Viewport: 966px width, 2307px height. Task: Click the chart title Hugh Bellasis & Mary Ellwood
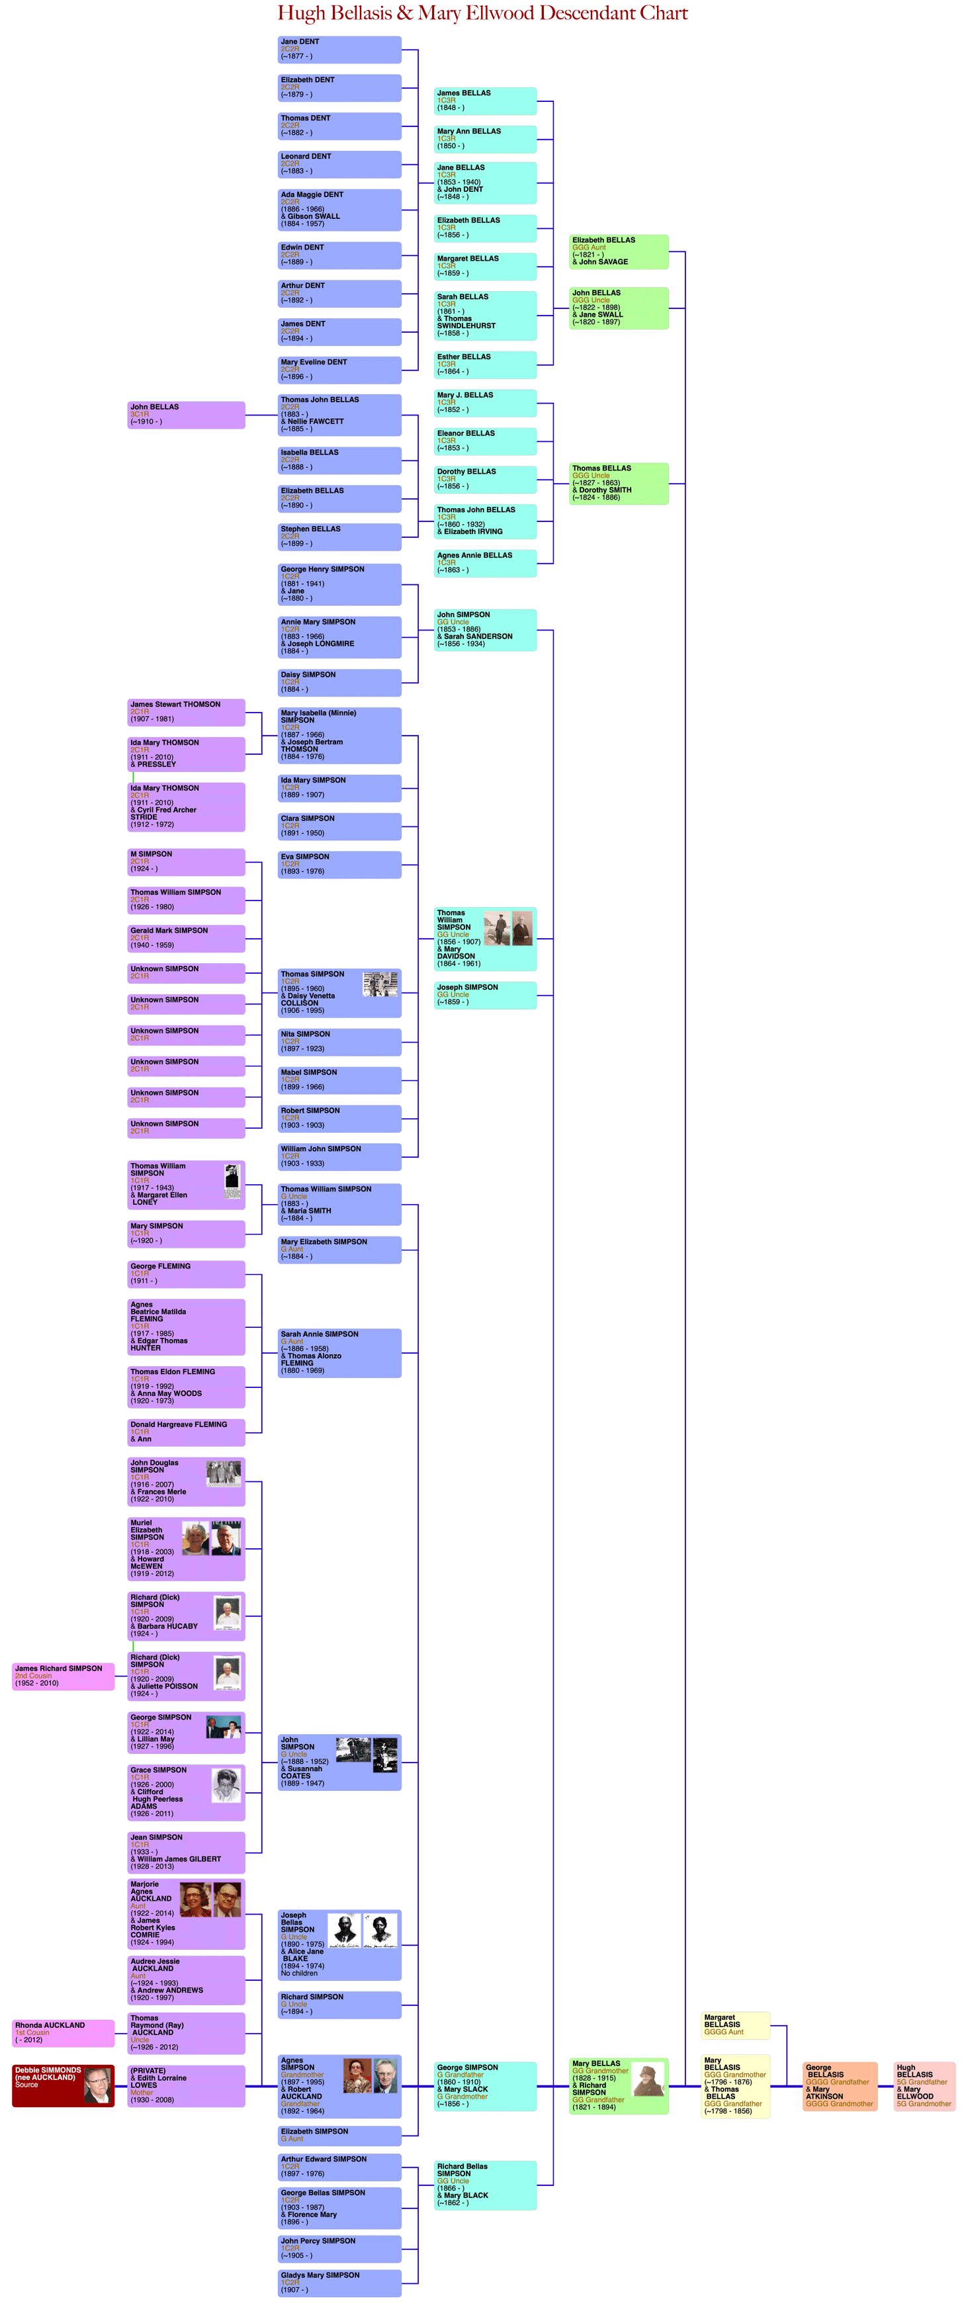(x=482, y=13)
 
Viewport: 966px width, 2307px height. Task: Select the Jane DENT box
(x=339, y=49)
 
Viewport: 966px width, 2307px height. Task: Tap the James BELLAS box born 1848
(x=485, y=101)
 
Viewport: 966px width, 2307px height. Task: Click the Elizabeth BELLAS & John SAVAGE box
(x=619, y=251)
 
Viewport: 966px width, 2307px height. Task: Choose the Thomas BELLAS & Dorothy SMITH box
(x=619, y=484)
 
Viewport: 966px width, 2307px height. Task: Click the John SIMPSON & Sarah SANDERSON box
(x=485, y=630)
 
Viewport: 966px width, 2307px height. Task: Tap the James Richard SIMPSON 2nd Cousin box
(x=63, y=1676)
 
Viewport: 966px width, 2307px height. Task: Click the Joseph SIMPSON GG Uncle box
(x=485, y=995)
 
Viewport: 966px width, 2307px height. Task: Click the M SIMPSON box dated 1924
(x=186, y=861)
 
